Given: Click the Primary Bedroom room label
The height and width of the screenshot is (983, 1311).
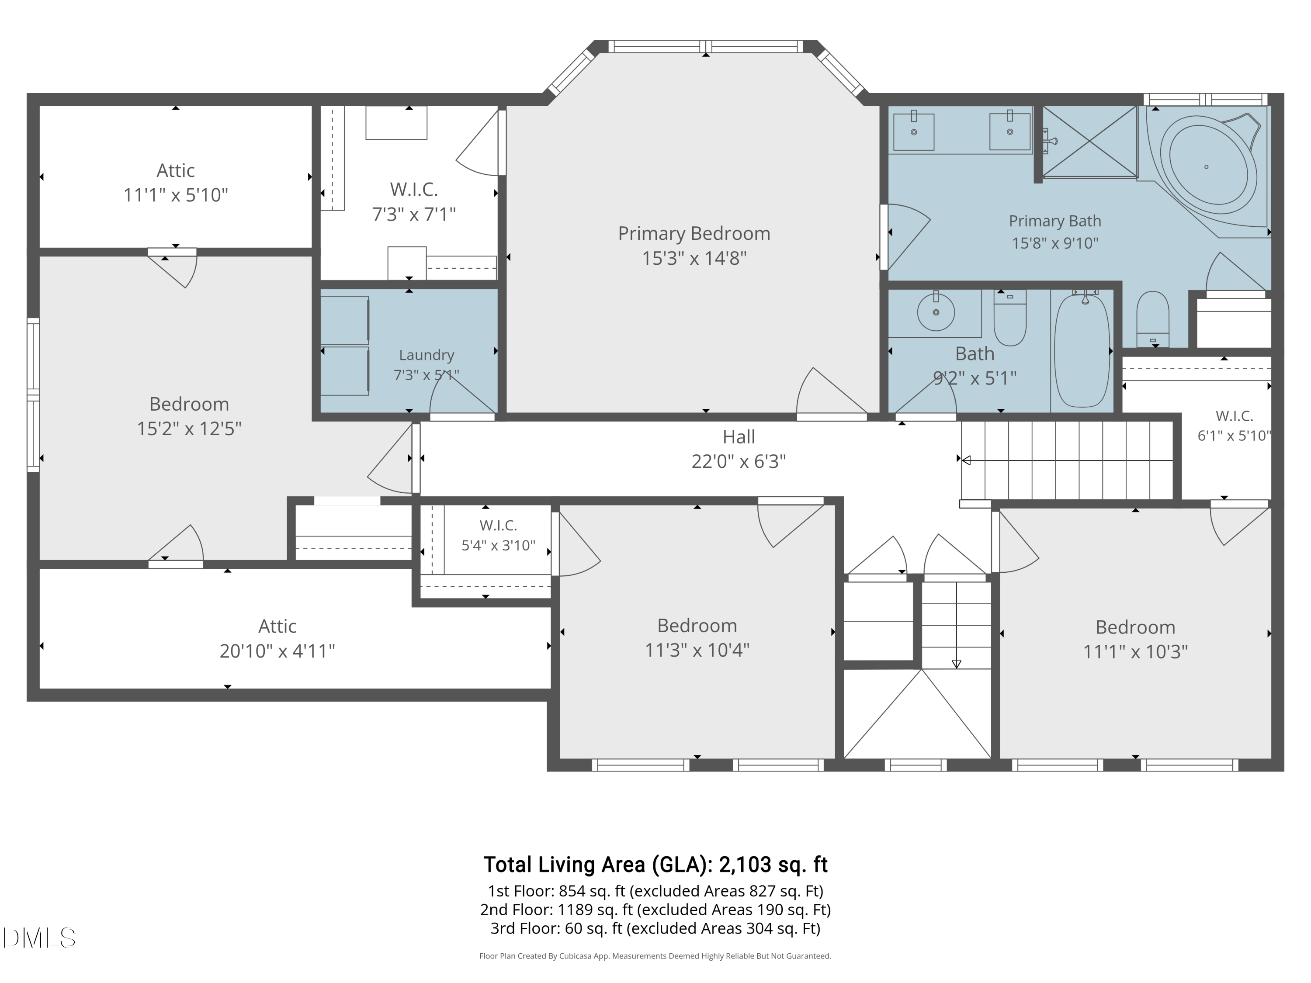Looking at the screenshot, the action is (694, 233).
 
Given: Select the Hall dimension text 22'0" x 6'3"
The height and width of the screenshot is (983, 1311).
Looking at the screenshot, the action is (739, 461).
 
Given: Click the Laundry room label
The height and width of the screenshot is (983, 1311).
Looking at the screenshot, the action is (426, 355).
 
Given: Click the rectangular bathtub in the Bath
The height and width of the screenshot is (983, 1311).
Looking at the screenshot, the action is (1082, 351).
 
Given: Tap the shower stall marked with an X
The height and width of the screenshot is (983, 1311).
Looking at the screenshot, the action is (1089, 142).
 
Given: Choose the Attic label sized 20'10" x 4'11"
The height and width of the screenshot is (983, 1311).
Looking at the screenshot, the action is (277, 639).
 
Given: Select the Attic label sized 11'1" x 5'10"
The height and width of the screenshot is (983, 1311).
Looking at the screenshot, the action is (175, 183).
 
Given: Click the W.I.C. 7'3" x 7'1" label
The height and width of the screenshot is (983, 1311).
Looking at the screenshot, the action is (414, 201).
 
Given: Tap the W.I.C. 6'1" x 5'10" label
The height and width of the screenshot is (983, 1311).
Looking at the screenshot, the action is (1234, 426).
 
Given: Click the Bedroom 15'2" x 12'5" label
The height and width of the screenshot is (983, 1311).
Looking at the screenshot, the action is (189, 416).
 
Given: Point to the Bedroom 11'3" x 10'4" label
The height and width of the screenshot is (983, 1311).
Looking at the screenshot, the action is (697, 637).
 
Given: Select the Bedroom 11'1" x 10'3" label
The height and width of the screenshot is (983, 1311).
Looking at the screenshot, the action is (1135, 639).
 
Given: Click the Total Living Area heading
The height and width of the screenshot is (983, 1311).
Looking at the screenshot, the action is (655, 865).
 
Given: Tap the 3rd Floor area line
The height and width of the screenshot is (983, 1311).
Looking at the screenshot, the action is (655, 928).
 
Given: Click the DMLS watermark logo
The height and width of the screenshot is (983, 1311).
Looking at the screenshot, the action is (39, 938).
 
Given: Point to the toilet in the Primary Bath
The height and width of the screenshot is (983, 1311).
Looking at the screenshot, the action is (1152, 319).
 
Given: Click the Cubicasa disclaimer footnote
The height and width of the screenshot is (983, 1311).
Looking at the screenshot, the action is (655, 956).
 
